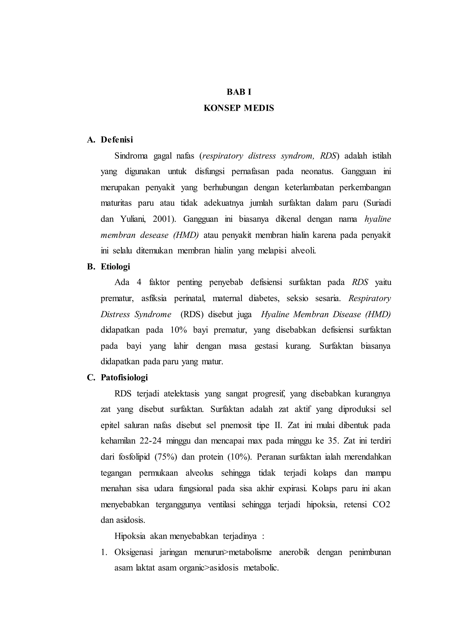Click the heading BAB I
click(239, 92)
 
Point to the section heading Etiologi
click(115, 267)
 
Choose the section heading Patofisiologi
click(124, 377)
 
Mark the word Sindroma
click(131, 156)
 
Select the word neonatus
click(317, 171)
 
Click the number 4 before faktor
click(139, 282)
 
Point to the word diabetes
click(264, 298)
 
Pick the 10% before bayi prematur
click(179, 330)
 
